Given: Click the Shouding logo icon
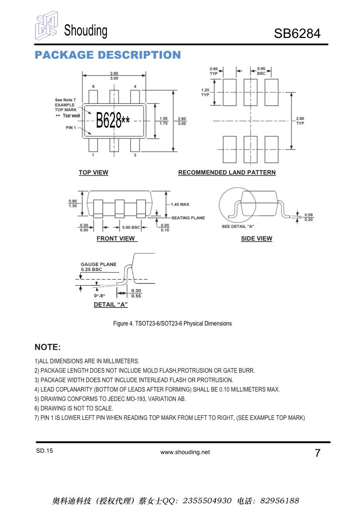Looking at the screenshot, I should [x=46, y=27].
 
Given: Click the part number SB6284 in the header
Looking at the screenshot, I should [x=297, y=34].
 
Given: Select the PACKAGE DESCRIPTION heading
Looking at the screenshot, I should [x=108, y=55].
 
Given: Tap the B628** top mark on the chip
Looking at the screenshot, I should [x=113, y=120].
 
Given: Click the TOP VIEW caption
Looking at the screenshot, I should [x=93, y=172].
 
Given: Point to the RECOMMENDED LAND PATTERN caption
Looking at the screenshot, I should [x=227, y=172].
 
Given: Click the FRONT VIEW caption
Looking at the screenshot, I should [x=116, y=239].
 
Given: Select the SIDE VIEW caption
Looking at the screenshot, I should [x=256, y=239].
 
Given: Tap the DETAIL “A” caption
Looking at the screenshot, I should [x=111, y=305].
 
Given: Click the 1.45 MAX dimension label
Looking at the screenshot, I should [x=180, y=204].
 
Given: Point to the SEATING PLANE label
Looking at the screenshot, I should [x=188, y=218].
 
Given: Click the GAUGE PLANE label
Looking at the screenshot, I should [x=98, y=264].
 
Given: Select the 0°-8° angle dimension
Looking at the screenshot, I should [x=99, y=296].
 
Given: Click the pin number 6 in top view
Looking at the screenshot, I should [x=93, y=87].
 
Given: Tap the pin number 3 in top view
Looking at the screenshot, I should [x=135, y=155].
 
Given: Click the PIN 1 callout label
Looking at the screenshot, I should [x=71, y=128].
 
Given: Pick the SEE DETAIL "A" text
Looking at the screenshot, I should [x=238, y=226].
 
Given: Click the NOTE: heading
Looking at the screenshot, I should [x=48, y=347].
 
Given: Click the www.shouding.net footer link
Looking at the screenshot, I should [x=185, y=452].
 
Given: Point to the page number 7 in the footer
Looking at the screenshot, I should [x=317, y=453].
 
